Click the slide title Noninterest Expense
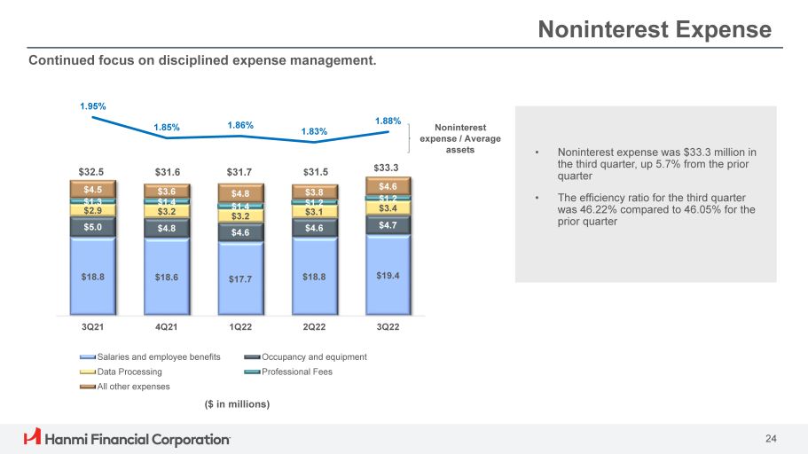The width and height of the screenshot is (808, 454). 655,30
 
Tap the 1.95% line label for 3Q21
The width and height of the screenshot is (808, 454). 92,106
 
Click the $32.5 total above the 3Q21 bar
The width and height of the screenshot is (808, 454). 92,171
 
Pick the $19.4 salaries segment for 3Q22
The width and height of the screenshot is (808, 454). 388,276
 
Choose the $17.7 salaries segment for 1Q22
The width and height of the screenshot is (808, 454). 240,279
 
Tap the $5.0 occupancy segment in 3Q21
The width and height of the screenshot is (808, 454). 92,227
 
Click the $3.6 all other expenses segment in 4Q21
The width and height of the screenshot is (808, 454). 166,191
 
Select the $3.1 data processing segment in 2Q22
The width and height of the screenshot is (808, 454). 314,211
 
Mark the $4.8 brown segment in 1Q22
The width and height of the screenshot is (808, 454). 240,193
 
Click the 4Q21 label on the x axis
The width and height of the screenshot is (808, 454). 166,326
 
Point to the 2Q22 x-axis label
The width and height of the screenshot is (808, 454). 314,326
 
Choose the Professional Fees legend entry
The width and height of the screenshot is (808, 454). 302,372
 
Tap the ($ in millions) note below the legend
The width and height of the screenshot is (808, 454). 231,404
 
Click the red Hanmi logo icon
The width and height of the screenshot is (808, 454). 32,437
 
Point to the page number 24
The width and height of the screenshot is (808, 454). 771,438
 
